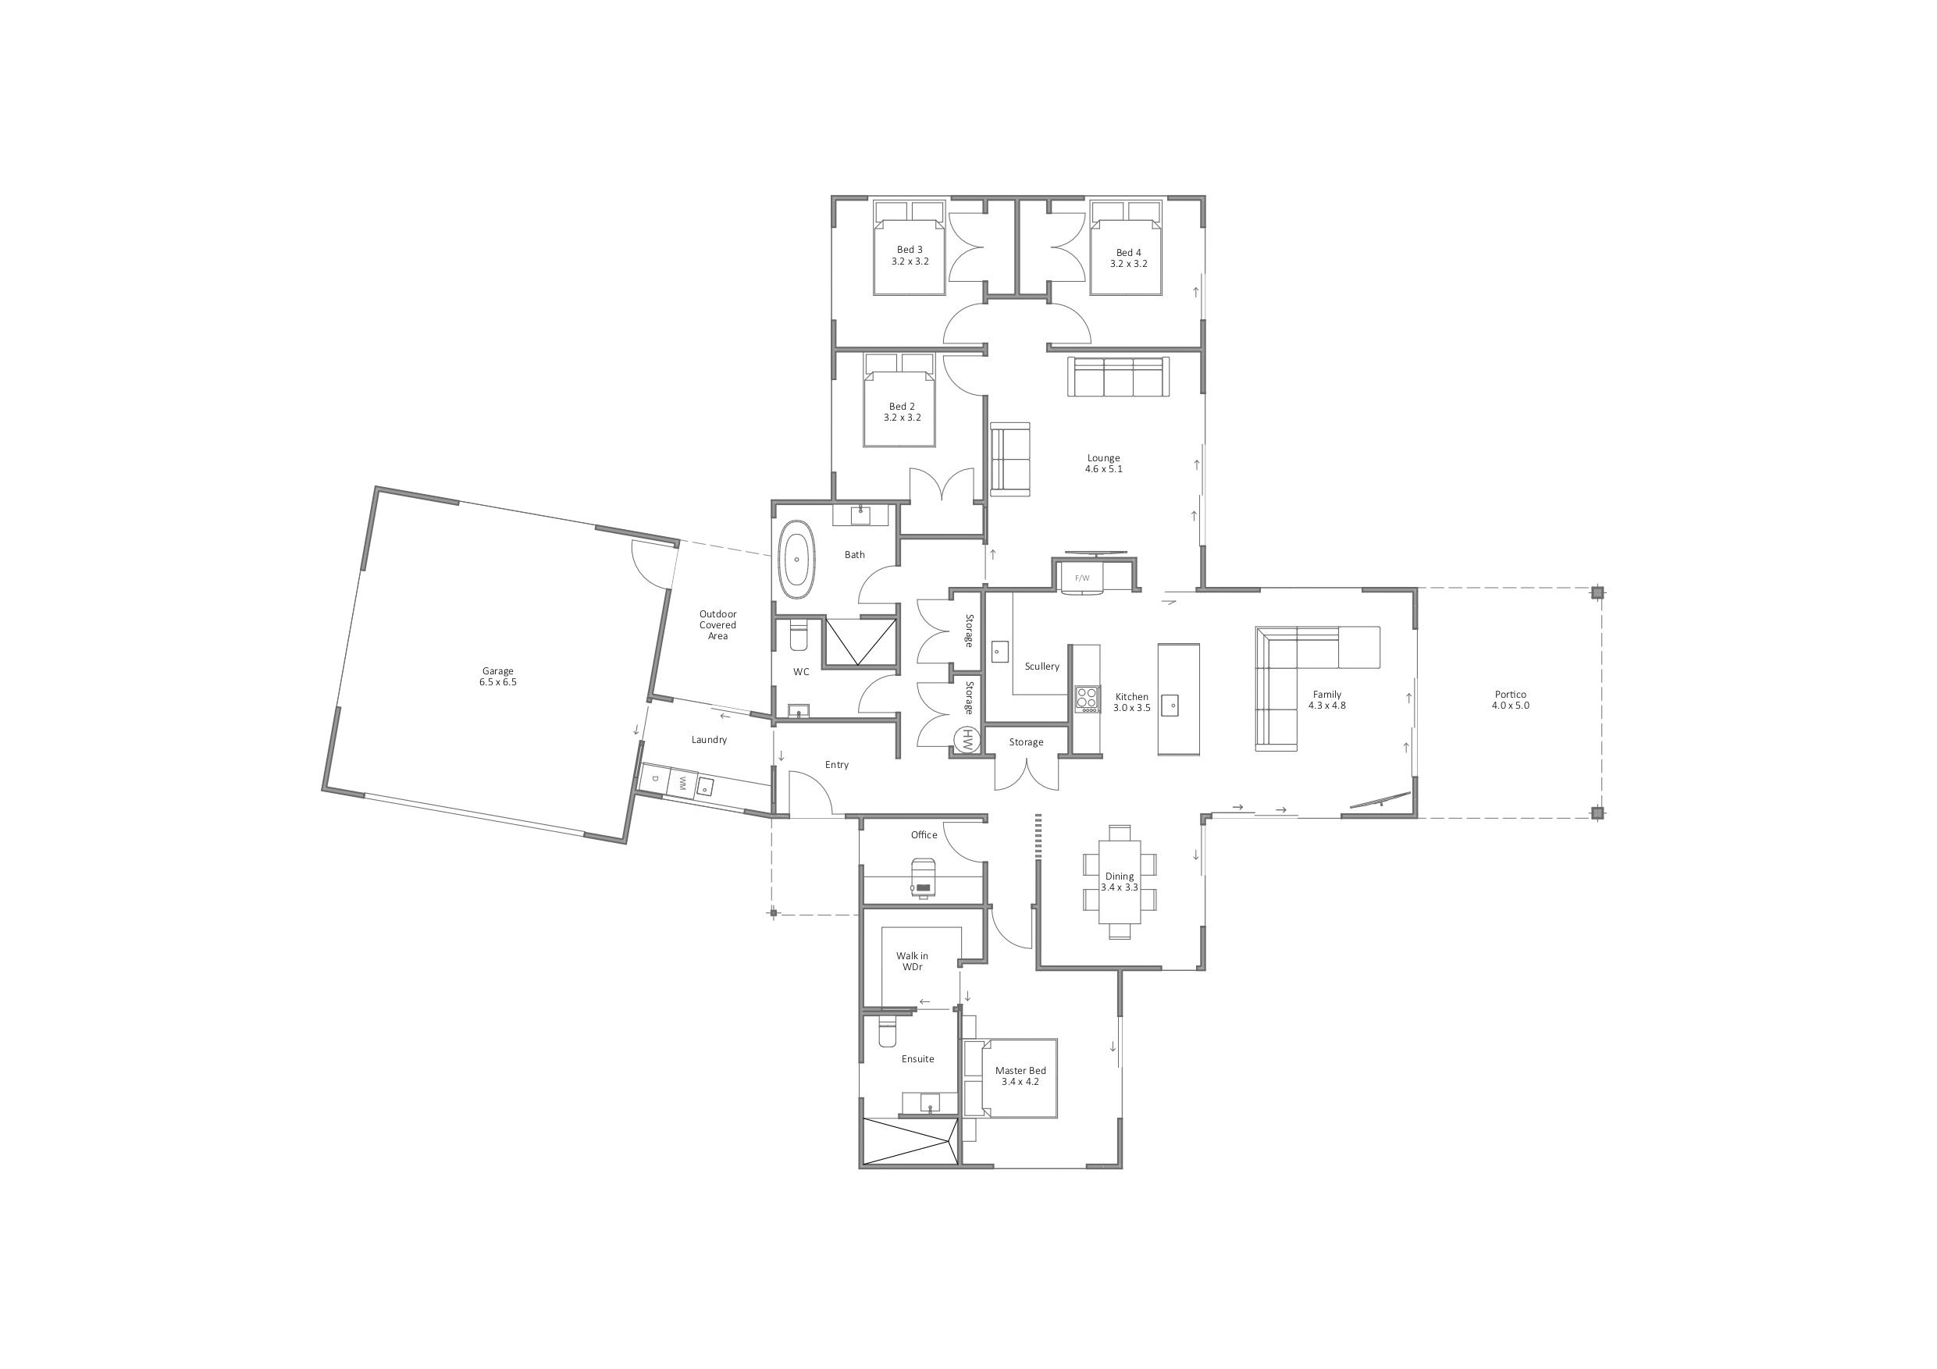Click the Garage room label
point(498,677)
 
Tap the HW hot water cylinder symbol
point(967,741)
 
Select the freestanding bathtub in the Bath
point(796,560)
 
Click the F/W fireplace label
point(1081,578)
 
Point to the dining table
point(1120,881)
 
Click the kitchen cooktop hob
point(1087,699)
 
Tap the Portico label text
point(1510,700)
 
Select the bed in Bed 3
point(909,248)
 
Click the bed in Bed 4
point(1127,248)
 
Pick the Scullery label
point(1042,667)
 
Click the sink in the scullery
point(999,651)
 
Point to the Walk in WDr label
point(912,962)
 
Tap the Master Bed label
point(1020,1076)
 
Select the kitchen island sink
point(1170,705)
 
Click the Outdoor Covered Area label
point(718,625)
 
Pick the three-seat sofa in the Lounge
point(1119,376)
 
